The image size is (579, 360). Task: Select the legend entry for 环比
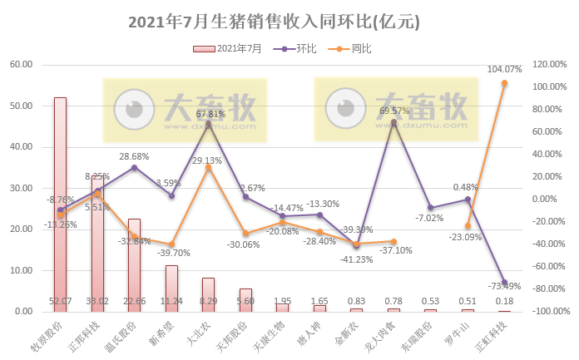(x=306, y=49)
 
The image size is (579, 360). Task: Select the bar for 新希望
(x=171, y=288)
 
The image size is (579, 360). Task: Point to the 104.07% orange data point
(x=503, y=83)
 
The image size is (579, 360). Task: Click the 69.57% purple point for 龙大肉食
(x=393, y=121)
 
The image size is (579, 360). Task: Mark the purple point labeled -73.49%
(x=503, y=283)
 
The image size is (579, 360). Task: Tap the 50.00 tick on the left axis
(x=20, y=106)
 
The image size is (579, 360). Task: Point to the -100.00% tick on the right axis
(x=546, y=312)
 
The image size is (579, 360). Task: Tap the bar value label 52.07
(x=61, y=301)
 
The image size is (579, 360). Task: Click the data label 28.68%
(x=134, y=156)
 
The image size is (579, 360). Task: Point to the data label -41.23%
(x=358, y=259)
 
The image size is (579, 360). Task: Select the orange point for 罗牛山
(x=467, y=225)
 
